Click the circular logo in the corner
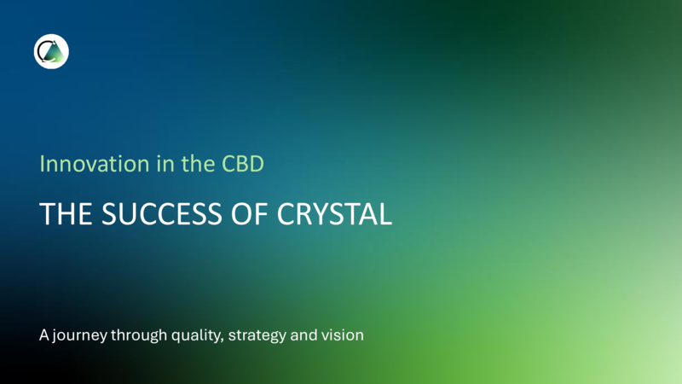(51, 51)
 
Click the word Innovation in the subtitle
(95, 164)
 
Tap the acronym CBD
(243, 164)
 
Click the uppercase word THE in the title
(66, 214)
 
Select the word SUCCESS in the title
(162, 214)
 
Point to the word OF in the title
(249, 214)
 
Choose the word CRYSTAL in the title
(334, 214)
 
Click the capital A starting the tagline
(44, 335)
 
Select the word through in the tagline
(139, 335)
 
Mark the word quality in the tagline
(196, 335)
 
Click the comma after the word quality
(223, 340)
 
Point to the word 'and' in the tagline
(303, 335)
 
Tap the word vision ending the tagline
(343, 335)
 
